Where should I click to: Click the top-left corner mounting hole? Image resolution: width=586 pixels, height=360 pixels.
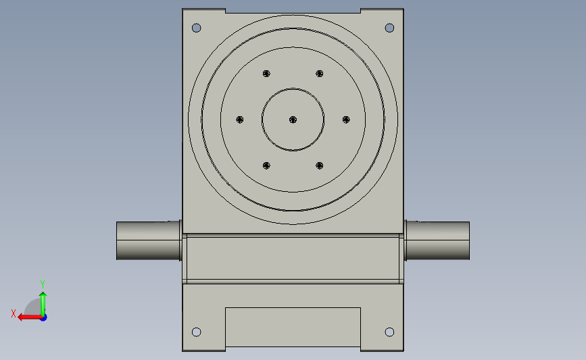(x=196, y=28)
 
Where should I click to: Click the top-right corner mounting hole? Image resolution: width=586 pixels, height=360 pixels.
(x=389, y=28)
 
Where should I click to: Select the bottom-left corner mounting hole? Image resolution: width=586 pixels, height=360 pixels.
(x=196, y=332)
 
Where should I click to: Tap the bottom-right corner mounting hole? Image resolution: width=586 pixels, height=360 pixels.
(x=389, y=332)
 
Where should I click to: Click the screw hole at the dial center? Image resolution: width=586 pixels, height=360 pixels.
(x=293, y=120)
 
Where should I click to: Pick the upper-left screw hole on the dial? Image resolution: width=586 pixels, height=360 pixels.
(x=266, y=74)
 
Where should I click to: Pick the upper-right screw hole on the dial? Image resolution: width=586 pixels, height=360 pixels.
(x=320, y=74)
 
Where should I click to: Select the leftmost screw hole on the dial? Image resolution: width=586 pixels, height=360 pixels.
(x=240, y=120)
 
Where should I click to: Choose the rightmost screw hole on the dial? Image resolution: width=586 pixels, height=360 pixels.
(x=346, y=120)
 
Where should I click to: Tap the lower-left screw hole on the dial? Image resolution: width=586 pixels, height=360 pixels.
(x=266, y=165)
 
